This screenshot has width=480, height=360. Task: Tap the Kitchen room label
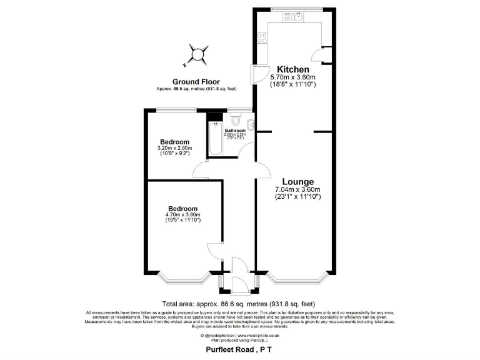pyautogui.click(x=293, y=69)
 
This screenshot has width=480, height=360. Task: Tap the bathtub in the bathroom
pyautogui.click(x=214, y=138)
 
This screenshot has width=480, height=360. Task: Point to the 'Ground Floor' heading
pyautogui.click(x=196, y=82)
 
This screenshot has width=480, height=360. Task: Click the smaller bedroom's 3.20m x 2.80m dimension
pyautogui.click(x=174, y=148)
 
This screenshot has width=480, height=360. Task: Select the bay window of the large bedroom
pyautogui.click(x=183, y=277)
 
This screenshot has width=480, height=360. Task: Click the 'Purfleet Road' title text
pyautogui.click(x=231, y=351)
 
